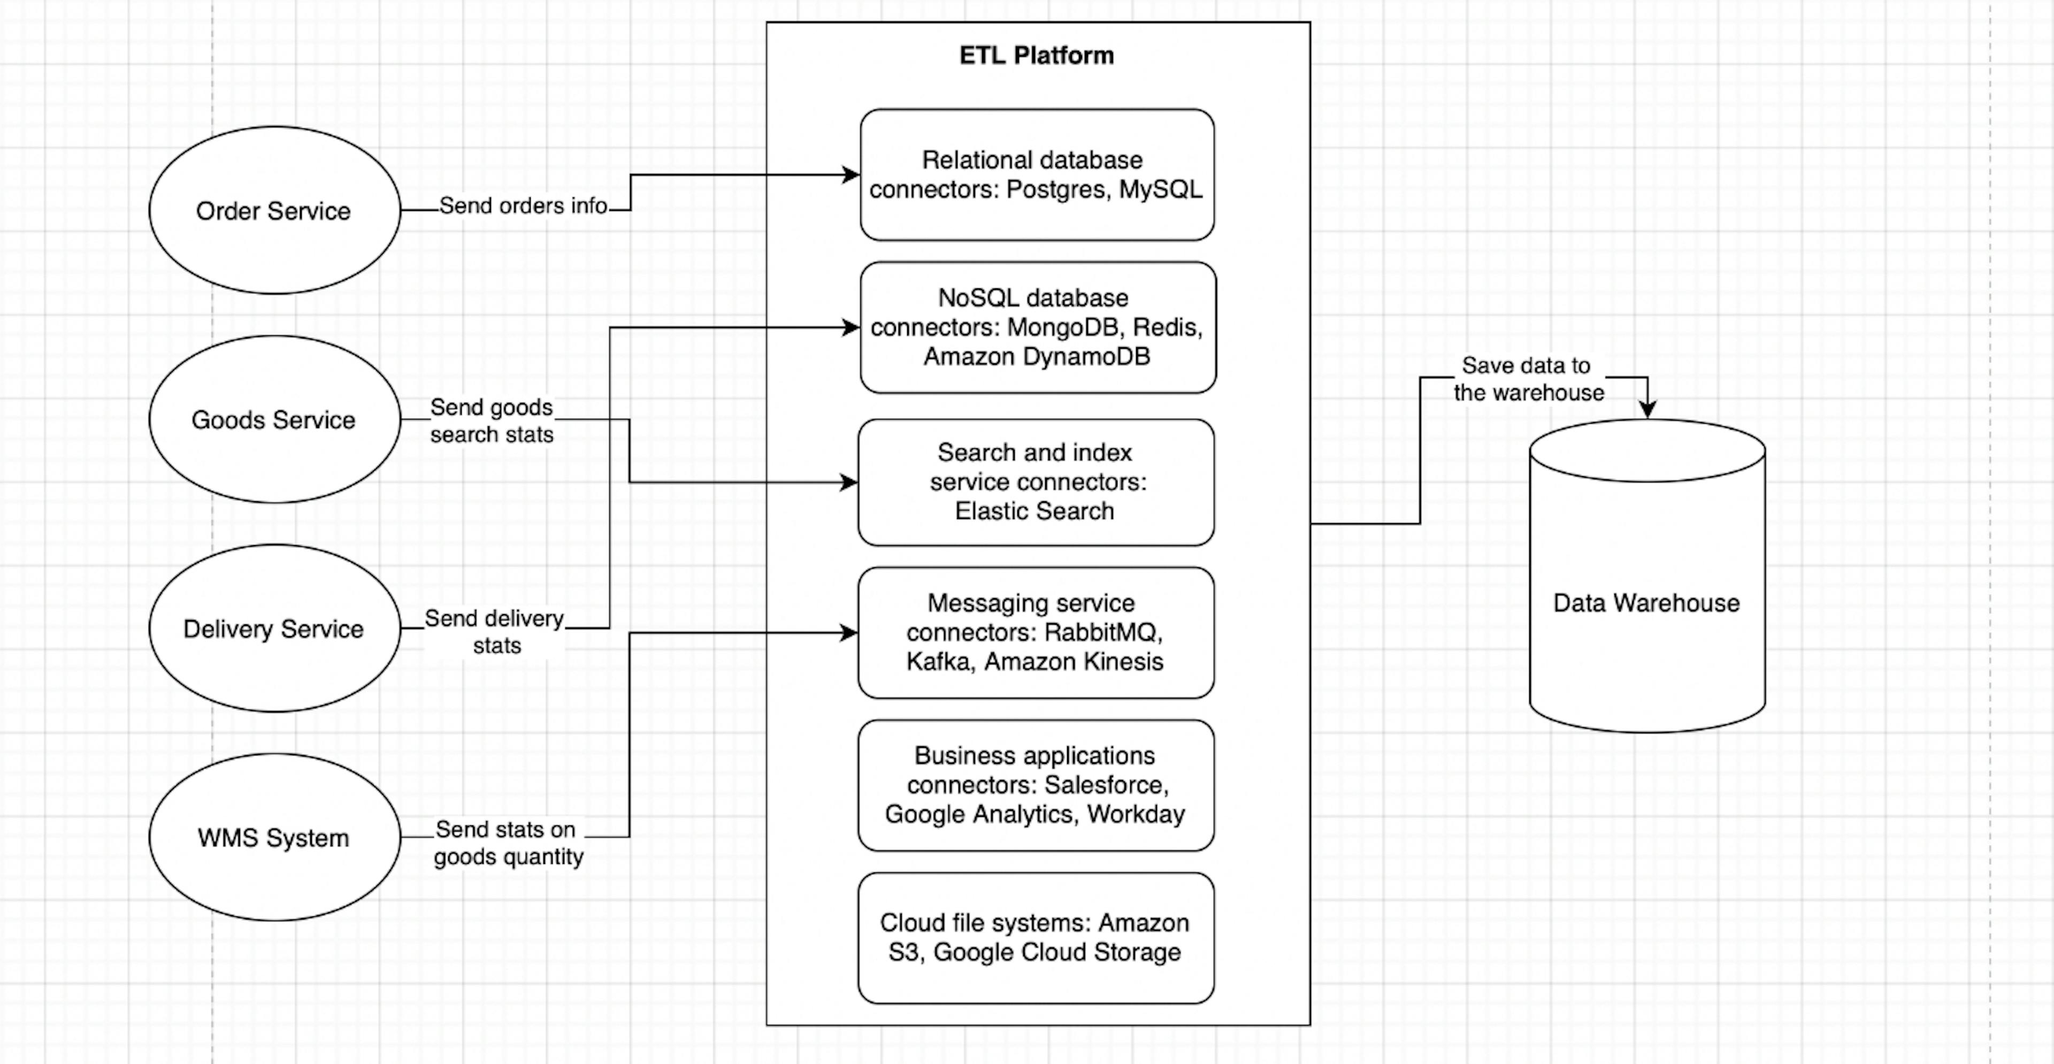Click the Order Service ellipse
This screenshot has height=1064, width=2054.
(x=273, y=211)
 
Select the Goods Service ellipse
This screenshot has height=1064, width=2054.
(x=273, y=419)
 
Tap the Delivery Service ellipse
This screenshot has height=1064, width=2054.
(x=273, y=629)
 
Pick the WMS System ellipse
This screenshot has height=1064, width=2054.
(x=273, y=838)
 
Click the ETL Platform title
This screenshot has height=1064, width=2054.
(x=1037, y=55)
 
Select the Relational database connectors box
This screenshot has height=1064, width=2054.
(x=1037, y=175)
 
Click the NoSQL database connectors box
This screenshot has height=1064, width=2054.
(x=1037, y=327)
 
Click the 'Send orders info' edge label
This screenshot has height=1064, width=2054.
(x=523, y=206)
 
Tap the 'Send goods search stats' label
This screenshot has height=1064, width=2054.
(x=491, y=420)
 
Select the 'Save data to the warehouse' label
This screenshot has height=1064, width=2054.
(x=1527, y=379)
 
